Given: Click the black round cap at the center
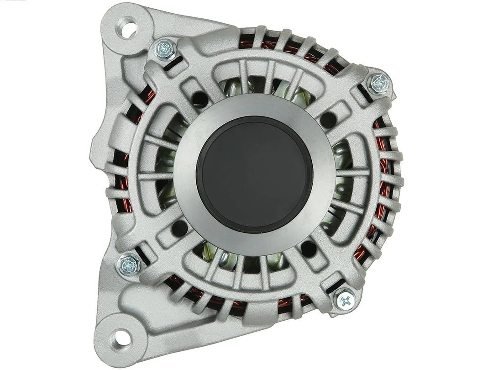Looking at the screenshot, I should tap(254, 174).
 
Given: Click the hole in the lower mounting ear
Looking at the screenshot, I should tap(120, 338).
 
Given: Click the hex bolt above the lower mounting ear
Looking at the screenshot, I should tap(129, 264).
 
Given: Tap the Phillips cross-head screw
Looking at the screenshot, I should tap(346, 300).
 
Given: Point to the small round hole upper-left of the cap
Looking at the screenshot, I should tap(199, 98).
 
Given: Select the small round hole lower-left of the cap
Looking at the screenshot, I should tap(180, 227).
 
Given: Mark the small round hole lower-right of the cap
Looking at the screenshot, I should tap(309, 249).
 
